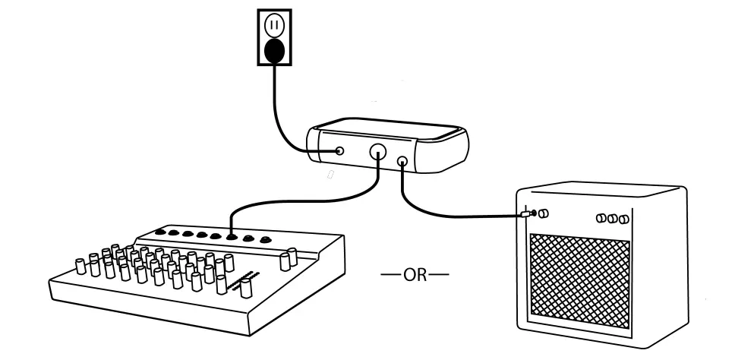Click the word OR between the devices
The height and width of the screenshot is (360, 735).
click(415, 274)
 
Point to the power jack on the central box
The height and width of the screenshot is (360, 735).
click(340, 151)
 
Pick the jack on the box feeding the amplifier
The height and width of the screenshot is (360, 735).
click(402, 161)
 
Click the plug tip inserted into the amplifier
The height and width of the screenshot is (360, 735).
click(529, 215)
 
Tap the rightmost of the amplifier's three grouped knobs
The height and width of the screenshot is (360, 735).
click(623, 219)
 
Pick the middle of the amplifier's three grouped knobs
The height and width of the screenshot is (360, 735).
click(613, 219)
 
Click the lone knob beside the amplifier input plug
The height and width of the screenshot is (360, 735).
click(543, 214)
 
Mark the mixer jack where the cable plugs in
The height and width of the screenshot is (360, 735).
click(231, 238)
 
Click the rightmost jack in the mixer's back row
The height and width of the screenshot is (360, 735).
click(265, 242)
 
